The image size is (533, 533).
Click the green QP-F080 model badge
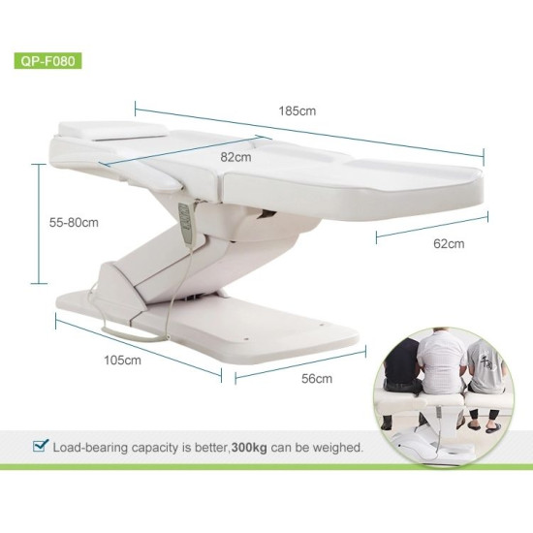coord(47,59)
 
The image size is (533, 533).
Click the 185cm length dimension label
coord(301,111)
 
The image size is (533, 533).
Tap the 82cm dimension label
coord(236,156)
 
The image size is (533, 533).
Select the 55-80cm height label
coord(74,222)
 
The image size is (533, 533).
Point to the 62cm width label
coord(449,244)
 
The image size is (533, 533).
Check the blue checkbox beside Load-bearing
coord(40,447)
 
